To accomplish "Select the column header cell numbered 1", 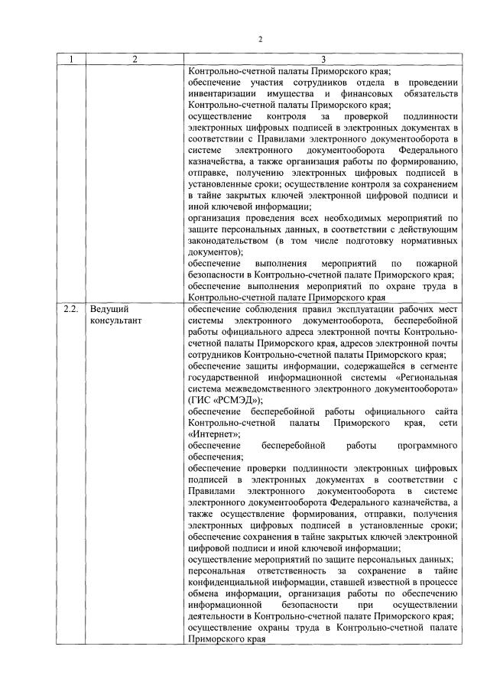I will [x=72, y=59].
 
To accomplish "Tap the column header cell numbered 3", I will [x=323, y=59].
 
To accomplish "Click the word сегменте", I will [x=438, y=365].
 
